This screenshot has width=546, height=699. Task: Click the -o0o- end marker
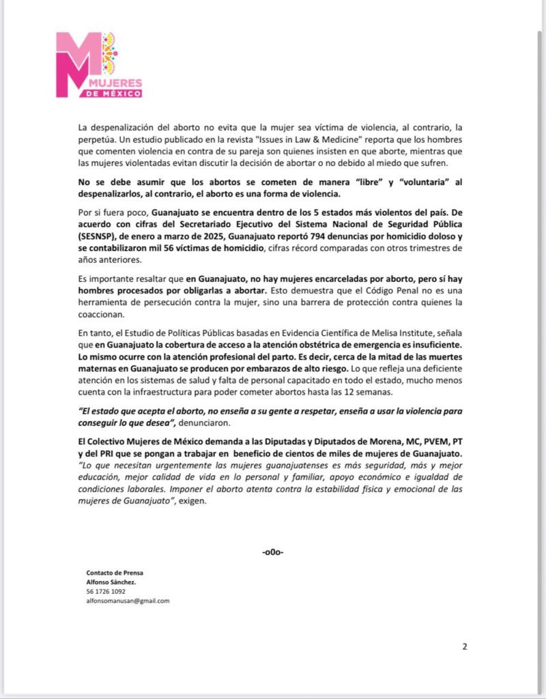(x=273, y=552)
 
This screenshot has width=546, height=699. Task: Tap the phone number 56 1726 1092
(x=106, y=591)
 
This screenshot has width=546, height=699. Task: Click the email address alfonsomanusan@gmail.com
(x=128, y=601)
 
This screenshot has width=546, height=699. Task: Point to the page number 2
(x=465, y=646)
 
